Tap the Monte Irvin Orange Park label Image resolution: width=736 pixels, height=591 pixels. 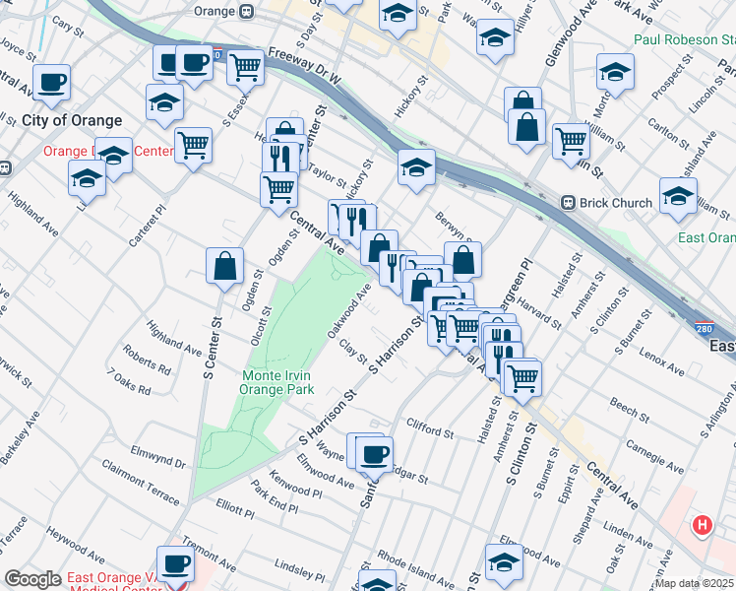278,382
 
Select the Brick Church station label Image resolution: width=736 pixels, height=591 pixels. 615,203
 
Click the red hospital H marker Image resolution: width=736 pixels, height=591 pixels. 703,526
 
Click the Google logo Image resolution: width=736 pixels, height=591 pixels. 33,579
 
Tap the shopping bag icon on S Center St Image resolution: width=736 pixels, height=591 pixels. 224,265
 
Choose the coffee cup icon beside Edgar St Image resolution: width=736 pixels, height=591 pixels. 373,454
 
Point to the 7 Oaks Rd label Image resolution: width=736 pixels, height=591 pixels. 130,383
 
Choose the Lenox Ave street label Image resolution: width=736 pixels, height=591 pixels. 659,360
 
